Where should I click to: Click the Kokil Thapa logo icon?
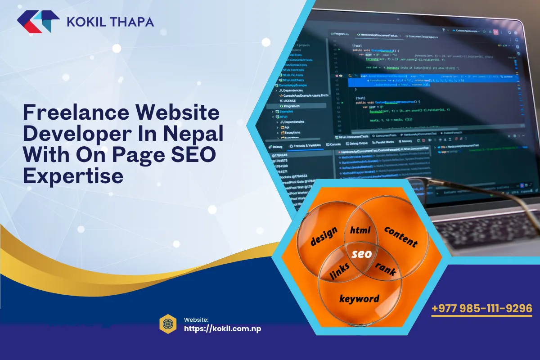38,22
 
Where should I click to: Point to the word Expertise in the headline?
73,175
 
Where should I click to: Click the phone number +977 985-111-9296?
481,309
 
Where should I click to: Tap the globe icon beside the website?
167,324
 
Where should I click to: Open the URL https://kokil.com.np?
222,328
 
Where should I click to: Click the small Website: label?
196,319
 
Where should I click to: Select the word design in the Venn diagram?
324,236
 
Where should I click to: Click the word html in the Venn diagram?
360,230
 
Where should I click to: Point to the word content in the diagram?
400,236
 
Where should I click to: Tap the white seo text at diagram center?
361,254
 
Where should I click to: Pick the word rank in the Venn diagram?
386,269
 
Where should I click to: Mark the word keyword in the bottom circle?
359,298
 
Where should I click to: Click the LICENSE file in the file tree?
290,101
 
